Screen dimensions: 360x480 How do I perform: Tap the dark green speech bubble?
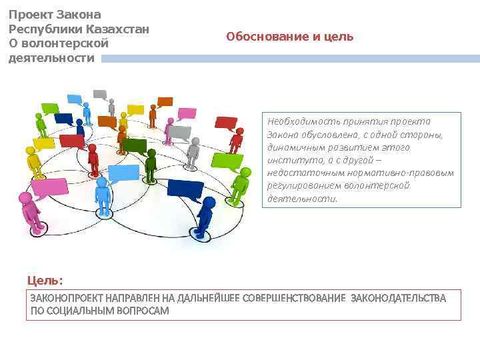pyautogui.click(x=135, y=146)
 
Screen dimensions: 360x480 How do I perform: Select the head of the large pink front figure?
pyautogui.click(x=25, y=198)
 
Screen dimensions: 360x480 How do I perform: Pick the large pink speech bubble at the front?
pyautogui.click(x=50, y=189)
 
